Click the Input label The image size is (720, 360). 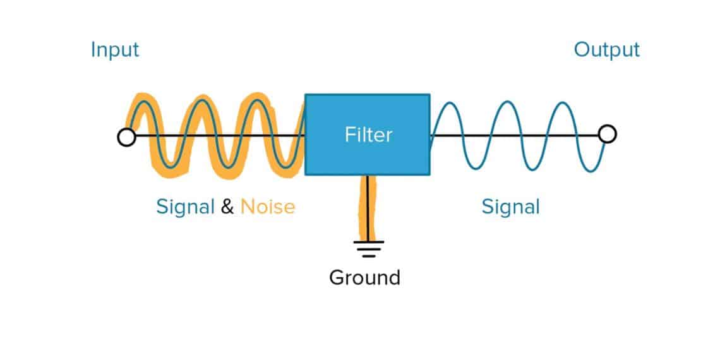click(115, 50)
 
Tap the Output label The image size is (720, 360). click(606, 50)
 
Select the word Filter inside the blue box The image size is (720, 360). click(368, 135)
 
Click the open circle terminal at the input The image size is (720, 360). click(126, 137)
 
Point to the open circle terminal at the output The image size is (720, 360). click(607, 134)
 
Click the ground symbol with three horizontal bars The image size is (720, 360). click(368, 248)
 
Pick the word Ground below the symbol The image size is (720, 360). click(364, 278)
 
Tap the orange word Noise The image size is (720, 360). click(268, 207)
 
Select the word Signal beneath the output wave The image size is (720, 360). click(510, 207)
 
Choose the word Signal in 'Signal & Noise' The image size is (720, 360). click(185, 207)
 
